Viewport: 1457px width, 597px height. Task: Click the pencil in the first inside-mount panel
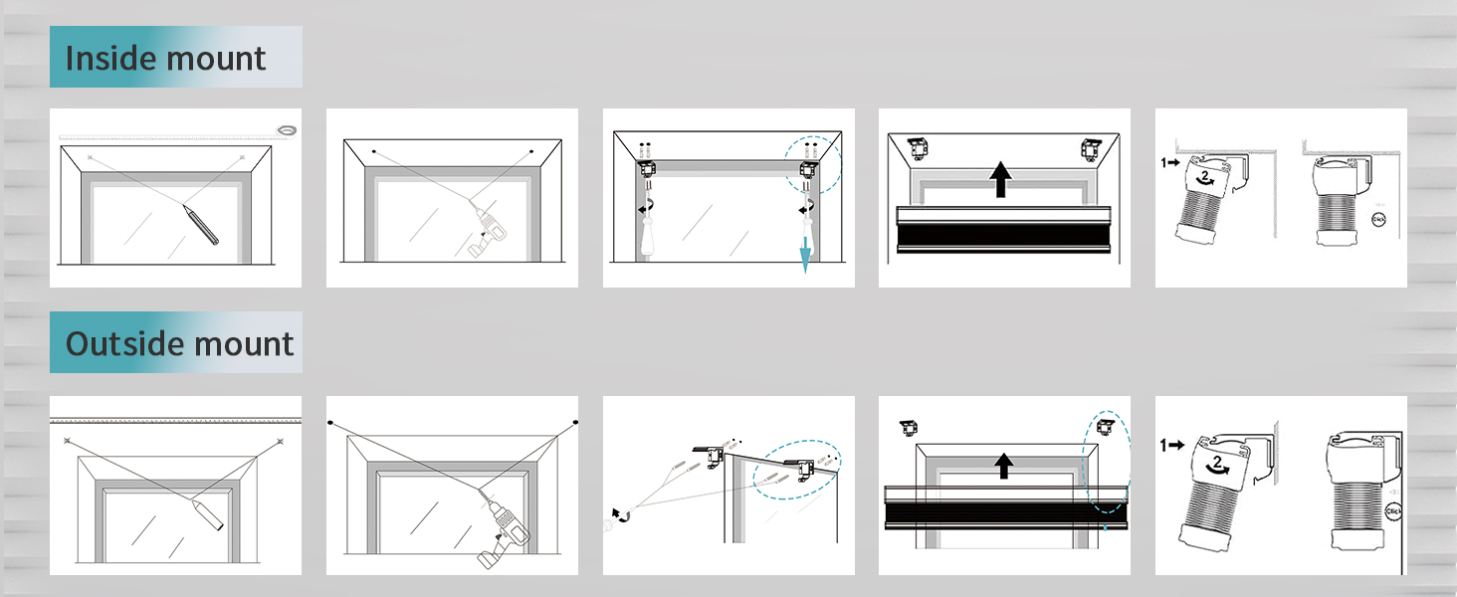pyautogui.click(x=200, y=223)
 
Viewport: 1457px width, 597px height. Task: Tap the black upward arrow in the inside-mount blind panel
pyautogui.click(x=1001, y=181)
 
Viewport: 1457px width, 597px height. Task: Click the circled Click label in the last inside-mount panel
pyautogui.click(x=1378, y=219)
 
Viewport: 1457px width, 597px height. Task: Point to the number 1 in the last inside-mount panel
pyautogui.click(x=1163, y=160)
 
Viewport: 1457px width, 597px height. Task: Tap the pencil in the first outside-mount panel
pyautogui.click(x=211, y=512)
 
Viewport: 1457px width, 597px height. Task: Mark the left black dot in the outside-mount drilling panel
pyautogui.click(x=330, y=423)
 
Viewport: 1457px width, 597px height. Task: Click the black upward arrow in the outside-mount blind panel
pyautogui.click(x=1004, y=466)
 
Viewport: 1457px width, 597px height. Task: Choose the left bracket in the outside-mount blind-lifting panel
pyautogui.click(x=908, y=428)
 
